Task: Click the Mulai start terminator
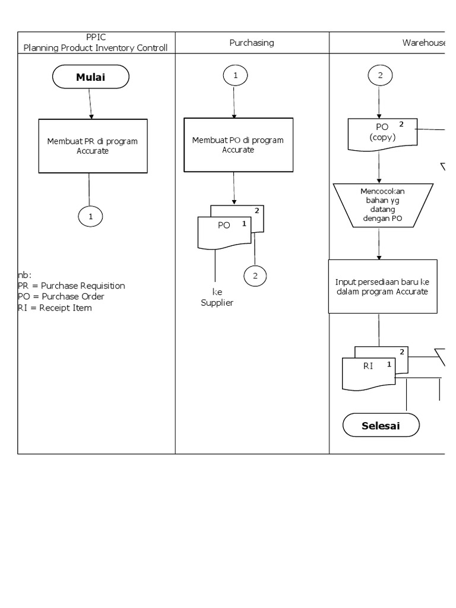(x=90, y=77)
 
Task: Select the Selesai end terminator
(x=381, y=426)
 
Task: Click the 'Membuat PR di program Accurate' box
(x=93, y=146)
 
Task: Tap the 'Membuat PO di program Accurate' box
(x=237, y=145)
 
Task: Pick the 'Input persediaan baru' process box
(x=382, y=286)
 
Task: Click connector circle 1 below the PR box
(x=90, y=217)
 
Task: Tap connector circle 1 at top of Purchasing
(x=235, y=76)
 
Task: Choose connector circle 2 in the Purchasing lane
(x=255, y=275)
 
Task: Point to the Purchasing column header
(x=252, y=43)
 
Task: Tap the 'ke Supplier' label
(x=216, y=297)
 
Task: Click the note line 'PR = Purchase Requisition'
(x=72, y=286)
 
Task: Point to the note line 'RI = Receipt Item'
(x=55, y=308)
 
